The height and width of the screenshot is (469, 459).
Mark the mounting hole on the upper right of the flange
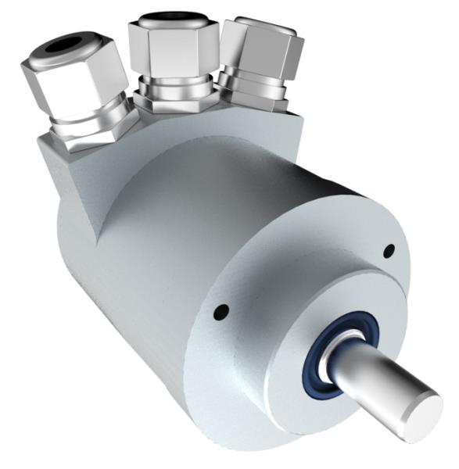[389, 250]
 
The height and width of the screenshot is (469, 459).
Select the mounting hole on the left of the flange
[222, 312]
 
